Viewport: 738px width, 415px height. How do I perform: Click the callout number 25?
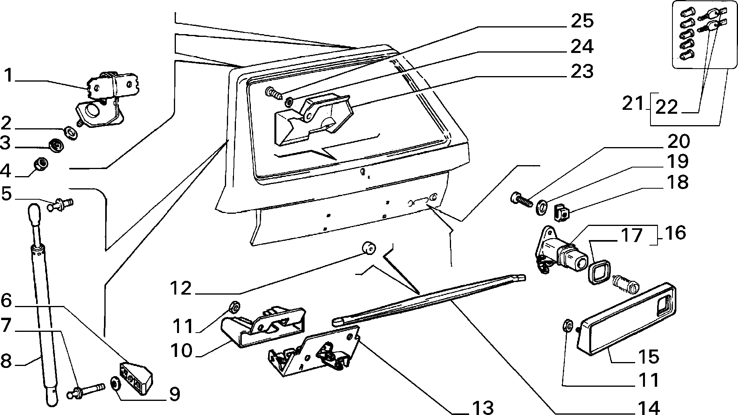point(582,21)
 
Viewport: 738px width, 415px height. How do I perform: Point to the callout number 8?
point(6,361)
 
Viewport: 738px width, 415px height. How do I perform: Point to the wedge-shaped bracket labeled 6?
point(136,377)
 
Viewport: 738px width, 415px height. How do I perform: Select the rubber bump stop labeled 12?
point(368,248)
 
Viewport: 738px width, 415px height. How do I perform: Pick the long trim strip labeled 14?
point(428,300)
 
